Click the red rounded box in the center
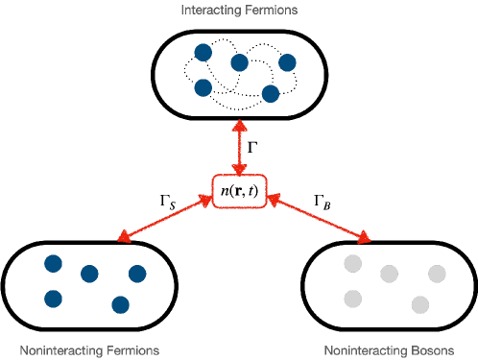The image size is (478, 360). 239,191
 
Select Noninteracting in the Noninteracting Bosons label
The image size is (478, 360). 364,350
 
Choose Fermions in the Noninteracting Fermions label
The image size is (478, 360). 131,350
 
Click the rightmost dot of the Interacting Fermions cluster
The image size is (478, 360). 287,62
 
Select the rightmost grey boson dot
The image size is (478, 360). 437,274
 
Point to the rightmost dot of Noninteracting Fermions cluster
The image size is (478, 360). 137,274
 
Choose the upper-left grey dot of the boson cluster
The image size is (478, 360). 352,263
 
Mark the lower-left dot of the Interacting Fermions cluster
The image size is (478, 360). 203,87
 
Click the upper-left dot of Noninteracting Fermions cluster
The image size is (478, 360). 53,263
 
